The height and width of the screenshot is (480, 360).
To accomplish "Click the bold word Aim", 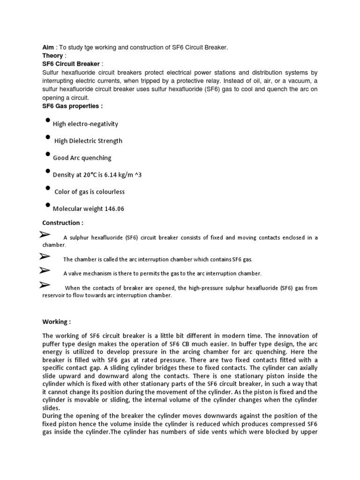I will [48, 48].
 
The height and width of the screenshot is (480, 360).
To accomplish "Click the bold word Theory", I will [52, 56].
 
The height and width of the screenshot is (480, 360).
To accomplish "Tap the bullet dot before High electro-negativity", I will [48, 120].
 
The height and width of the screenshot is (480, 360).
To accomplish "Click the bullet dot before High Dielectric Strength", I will [48, 137].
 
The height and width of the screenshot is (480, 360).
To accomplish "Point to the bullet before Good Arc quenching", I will [48, 154].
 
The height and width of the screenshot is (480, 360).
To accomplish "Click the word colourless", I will [110, 192].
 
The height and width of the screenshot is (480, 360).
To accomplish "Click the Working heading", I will [57, 322].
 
